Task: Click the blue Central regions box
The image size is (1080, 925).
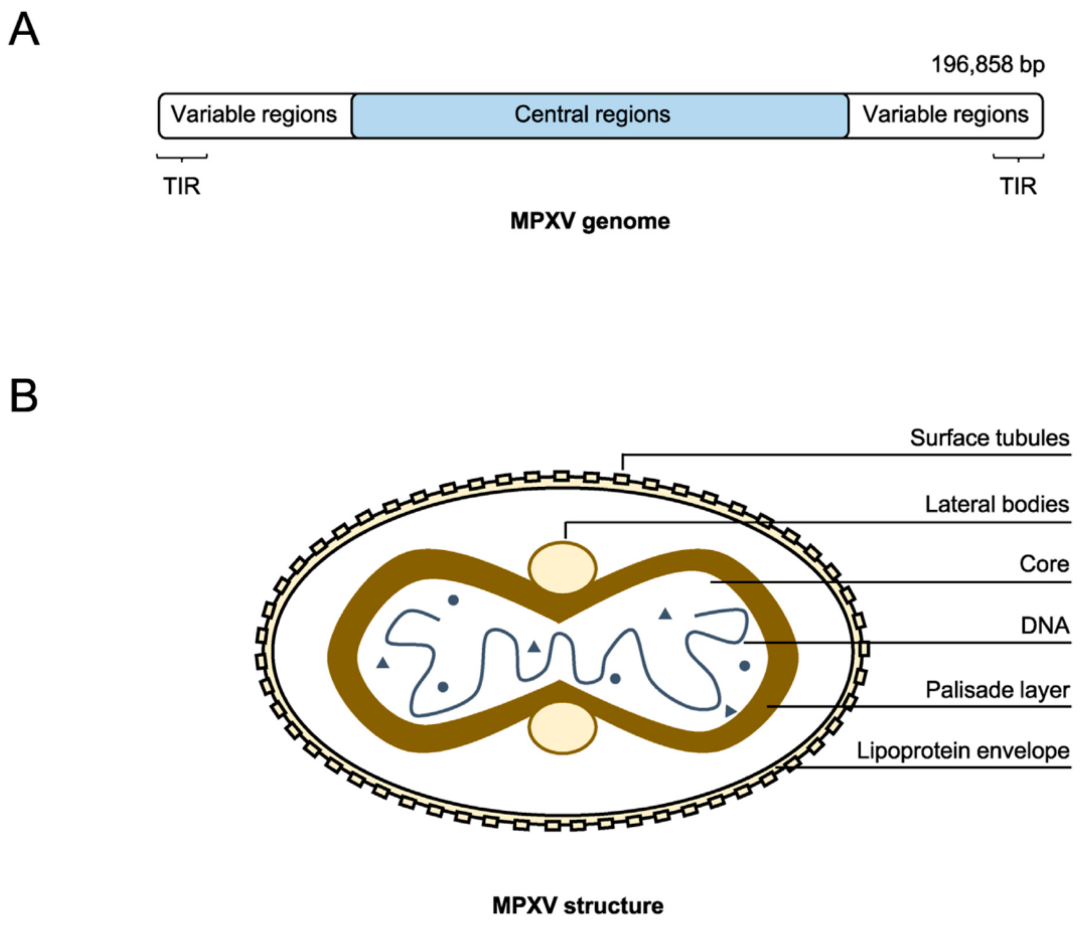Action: pos(600,115)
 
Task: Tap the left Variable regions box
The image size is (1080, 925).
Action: pos(254,115)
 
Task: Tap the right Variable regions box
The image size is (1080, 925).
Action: pos(945,115)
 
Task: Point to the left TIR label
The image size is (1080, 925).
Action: pos(181,186)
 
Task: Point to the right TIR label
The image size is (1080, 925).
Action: pos(1018,186)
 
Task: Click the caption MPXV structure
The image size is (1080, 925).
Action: pos(578,906)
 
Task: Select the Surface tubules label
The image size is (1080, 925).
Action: pos(989,438)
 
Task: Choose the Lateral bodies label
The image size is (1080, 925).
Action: pos(997,504)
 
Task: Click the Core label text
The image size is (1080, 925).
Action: pos(1044,564)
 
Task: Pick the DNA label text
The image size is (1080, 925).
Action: pos(1045,625)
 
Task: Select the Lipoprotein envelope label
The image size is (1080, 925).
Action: pos(963,751)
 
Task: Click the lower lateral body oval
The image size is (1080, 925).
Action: pos(562,727)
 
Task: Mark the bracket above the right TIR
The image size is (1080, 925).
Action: pos(1018,156)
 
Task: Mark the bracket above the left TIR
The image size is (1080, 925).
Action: pos(181,156)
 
